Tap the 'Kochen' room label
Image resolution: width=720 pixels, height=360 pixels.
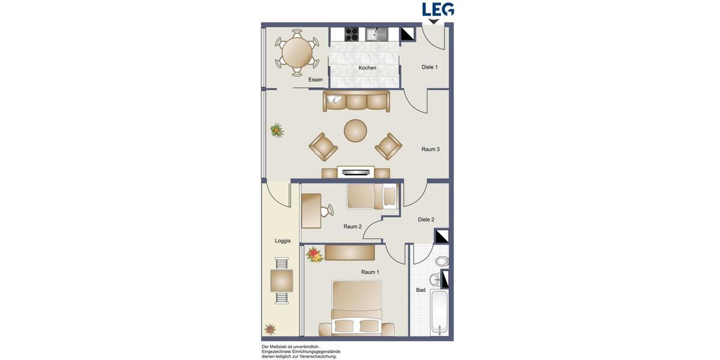(367, 68)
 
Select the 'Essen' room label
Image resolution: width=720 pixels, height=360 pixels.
(315, 80)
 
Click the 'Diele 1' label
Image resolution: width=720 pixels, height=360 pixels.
(430, 67)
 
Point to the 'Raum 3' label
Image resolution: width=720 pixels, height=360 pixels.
(430, 149)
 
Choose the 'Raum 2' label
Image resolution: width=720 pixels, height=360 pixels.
(352, 227)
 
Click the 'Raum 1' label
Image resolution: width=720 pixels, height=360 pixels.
(370, 272)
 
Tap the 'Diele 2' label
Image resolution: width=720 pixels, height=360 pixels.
(426, 220)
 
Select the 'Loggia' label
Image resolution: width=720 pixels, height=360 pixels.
(283, 241)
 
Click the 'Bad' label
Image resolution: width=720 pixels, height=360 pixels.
(421, 290)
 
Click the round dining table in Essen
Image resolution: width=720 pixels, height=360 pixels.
(297, 53)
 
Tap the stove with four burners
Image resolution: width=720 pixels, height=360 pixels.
(352, 34)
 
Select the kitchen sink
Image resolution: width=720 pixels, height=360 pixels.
(377, 34)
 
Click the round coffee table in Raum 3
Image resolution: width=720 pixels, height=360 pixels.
(355, 131)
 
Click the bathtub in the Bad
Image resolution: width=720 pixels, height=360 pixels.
(439, 313)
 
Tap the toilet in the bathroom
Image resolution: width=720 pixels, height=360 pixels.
(442, 261)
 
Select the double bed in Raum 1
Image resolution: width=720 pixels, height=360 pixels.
(356, 309)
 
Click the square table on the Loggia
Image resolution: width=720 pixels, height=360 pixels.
(281, 281)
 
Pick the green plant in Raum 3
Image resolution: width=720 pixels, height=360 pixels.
(277, 130)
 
